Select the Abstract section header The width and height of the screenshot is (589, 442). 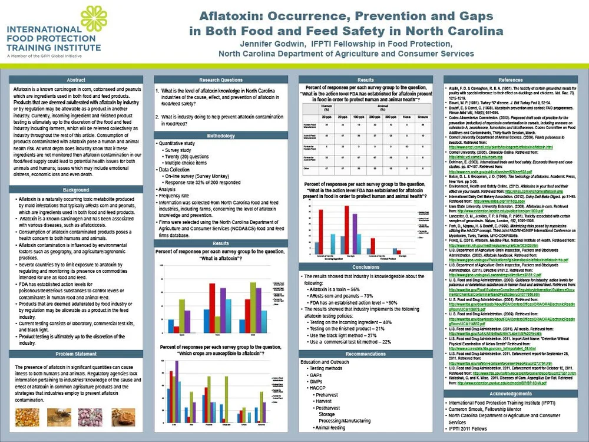pyautogui.click(x=76, y=80)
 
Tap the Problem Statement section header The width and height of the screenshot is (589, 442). pyautogui.click(x=76, y=354)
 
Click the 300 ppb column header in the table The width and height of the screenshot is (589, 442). pyautogui.click(x=388, y=118)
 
